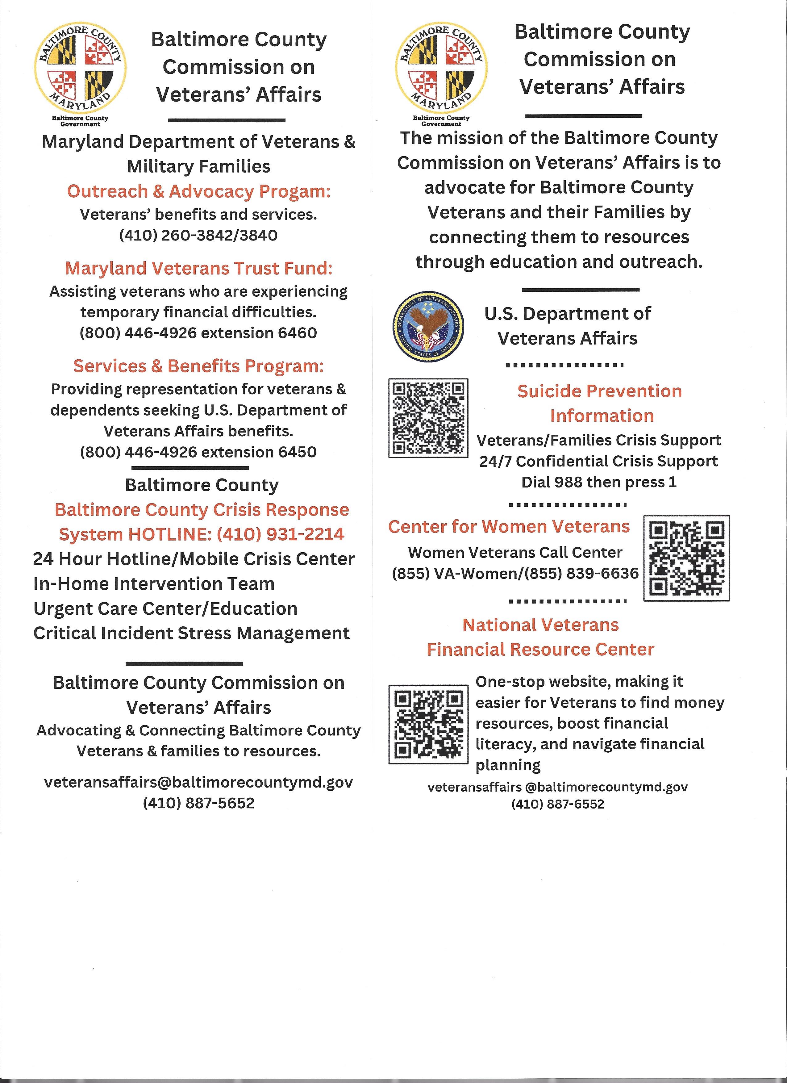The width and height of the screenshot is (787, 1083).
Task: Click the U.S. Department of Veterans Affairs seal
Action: coord(429,328)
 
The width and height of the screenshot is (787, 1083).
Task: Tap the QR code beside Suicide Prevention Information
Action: coord(428,418)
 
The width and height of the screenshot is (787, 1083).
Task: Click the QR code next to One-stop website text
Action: coord(428,724)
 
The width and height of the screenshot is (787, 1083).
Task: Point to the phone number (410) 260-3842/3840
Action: coord(198,236)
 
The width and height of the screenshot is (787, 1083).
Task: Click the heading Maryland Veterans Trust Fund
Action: coord(198,268)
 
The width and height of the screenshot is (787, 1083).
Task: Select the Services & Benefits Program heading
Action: coord(198,366)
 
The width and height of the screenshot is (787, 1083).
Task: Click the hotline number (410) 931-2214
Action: coord(280,534)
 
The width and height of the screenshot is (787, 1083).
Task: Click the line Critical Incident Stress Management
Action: coord(191,633)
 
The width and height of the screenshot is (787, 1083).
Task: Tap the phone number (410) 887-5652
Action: coord(198,803)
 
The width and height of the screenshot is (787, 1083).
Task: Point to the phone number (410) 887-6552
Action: coord(557,804)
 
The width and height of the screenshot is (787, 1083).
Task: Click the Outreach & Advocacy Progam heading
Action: coord(198,191)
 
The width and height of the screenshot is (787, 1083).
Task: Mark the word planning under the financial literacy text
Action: coord(508,765)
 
